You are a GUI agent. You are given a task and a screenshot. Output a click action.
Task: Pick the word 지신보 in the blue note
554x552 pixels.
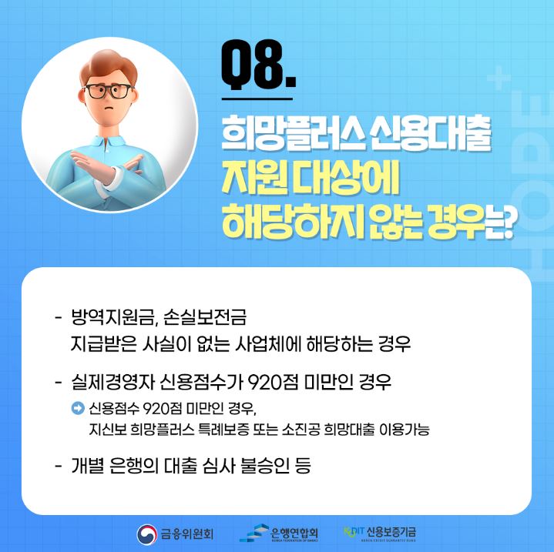(x=107, y=430)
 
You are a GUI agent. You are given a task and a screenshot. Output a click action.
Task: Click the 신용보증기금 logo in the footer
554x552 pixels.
(x=381, y=533)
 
